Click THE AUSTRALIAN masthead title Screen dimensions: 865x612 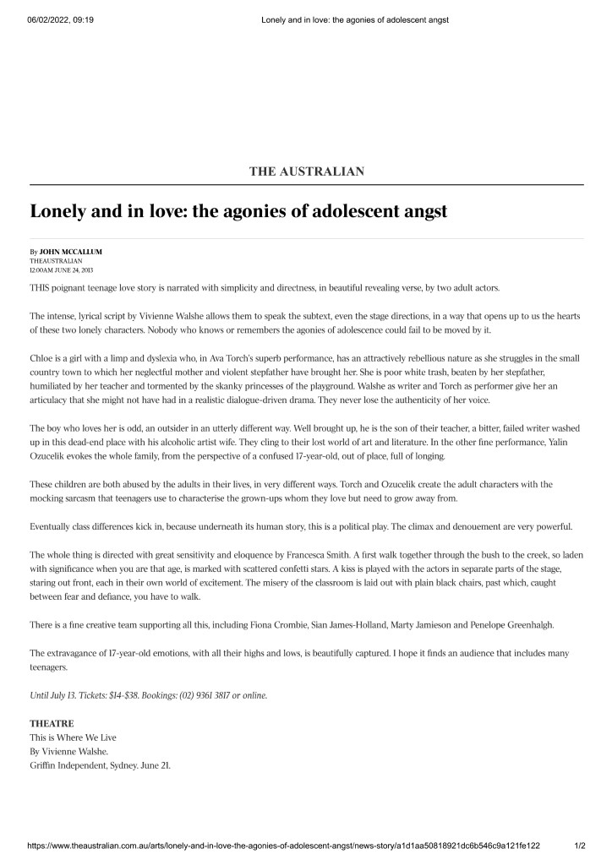point(306,171)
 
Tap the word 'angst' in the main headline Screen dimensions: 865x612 point(420,210)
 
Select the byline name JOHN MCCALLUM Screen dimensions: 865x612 point(70,253)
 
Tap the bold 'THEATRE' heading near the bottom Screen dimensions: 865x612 point(52,724)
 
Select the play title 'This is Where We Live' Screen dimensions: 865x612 point(73,737)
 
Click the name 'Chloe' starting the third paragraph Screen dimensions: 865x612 point(43,358)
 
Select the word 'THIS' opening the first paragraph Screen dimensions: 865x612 point(41,288)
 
